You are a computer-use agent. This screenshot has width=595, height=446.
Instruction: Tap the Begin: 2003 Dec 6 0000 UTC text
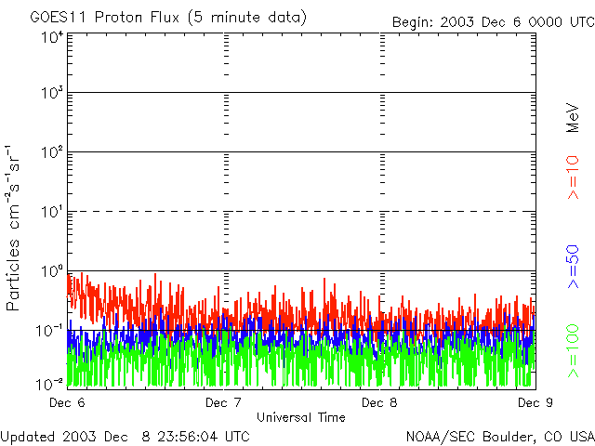tap(494, 22)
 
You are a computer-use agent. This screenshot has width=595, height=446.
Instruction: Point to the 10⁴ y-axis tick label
tap(52, 37)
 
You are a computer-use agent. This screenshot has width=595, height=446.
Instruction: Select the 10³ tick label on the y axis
tap(52, 93)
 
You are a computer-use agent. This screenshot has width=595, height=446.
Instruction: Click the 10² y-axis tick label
tap(52, 152)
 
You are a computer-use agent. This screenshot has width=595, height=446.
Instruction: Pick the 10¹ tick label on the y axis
tap(52, 212)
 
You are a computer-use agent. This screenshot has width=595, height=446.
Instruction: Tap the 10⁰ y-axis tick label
tap(52, 271)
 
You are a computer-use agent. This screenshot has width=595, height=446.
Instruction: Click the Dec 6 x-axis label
tap(67, 402)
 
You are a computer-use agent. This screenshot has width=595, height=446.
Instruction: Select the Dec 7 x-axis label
tap(223, 402)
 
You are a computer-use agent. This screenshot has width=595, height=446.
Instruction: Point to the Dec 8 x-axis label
tap(379, 402)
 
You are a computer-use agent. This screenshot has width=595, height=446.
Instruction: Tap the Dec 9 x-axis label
tap(535, 402)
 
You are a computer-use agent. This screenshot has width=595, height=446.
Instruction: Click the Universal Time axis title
tap(301, 417)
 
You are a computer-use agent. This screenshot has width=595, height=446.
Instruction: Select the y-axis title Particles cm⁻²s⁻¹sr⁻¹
tap(12, 228)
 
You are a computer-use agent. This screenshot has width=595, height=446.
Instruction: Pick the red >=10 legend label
tap(573, 177)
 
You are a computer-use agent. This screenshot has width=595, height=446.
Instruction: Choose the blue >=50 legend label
tap(573, 267)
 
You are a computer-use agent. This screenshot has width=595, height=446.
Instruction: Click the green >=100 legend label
tap(573, 351)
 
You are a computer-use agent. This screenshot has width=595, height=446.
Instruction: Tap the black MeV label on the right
tap(573, 118)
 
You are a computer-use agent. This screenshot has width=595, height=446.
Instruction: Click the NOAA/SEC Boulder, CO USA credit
tap(500, 437)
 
